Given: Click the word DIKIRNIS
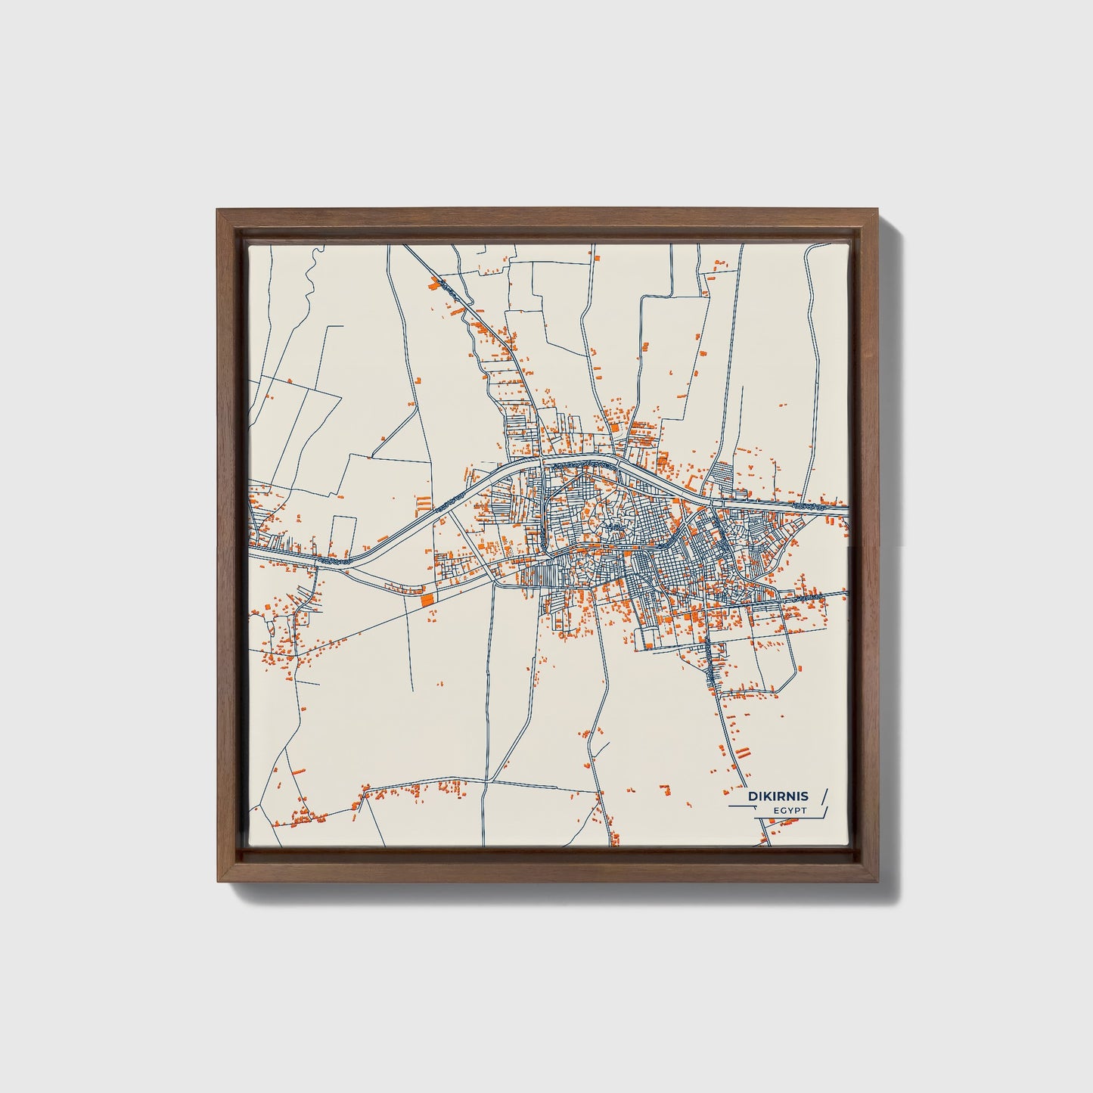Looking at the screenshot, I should point(778,796).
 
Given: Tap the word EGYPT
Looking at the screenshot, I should point(790,811).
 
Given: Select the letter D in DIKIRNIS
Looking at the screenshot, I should point(752,796).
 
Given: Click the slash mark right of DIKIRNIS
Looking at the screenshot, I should point(824,796).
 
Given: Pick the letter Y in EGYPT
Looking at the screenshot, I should point(789,811).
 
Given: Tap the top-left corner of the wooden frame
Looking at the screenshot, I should point(217,210).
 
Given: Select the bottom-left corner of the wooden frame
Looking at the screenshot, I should point(217,882).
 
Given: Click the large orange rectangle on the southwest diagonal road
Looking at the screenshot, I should point(428,598).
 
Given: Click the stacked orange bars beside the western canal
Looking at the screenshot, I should point(424,501).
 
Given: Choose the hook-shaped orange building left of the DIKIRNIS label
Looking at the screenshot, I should point(666,789).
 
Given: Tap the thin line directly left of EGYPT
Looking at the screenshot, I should point(745,807).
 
